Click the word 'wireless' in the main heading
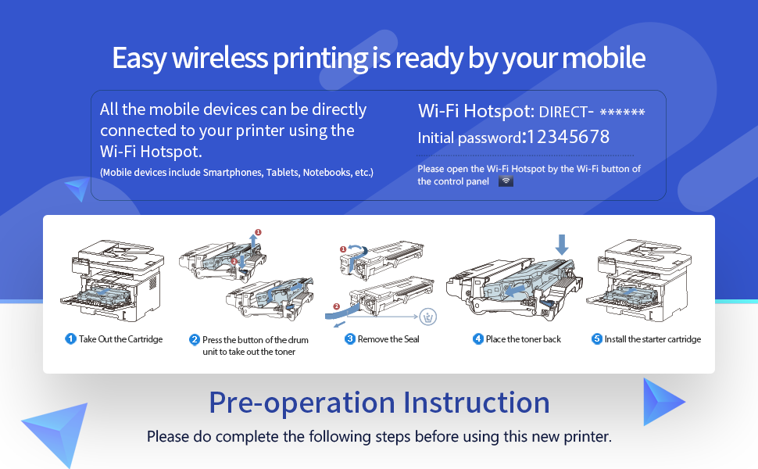(220, 58)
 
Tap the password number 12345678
(568, 137)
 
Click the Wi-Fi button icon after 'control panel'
(506, 181)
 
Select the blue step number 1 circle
(70, 339)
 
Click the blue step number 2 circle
(195, 339)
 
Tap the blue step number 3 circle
(350, 339)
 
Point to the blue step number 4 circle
(478, 339)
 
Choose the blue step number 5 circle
(597, 339)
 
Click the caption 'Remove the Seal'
(388, 339)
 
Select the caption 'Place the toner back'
(524, 339)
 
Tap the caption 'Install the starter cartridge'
(653, 339)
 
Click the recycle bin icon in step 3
(427, 317)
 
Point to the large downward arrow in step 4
(562, 245)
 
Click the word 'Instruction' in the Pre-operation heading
(476, 403)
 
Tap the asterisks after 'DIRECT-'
(622, 113)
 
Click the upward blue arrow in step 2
(253, 241)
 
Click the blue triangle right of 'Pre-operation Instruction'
(663, 402)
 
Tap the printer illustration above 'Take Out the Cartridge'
(113, 281)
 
